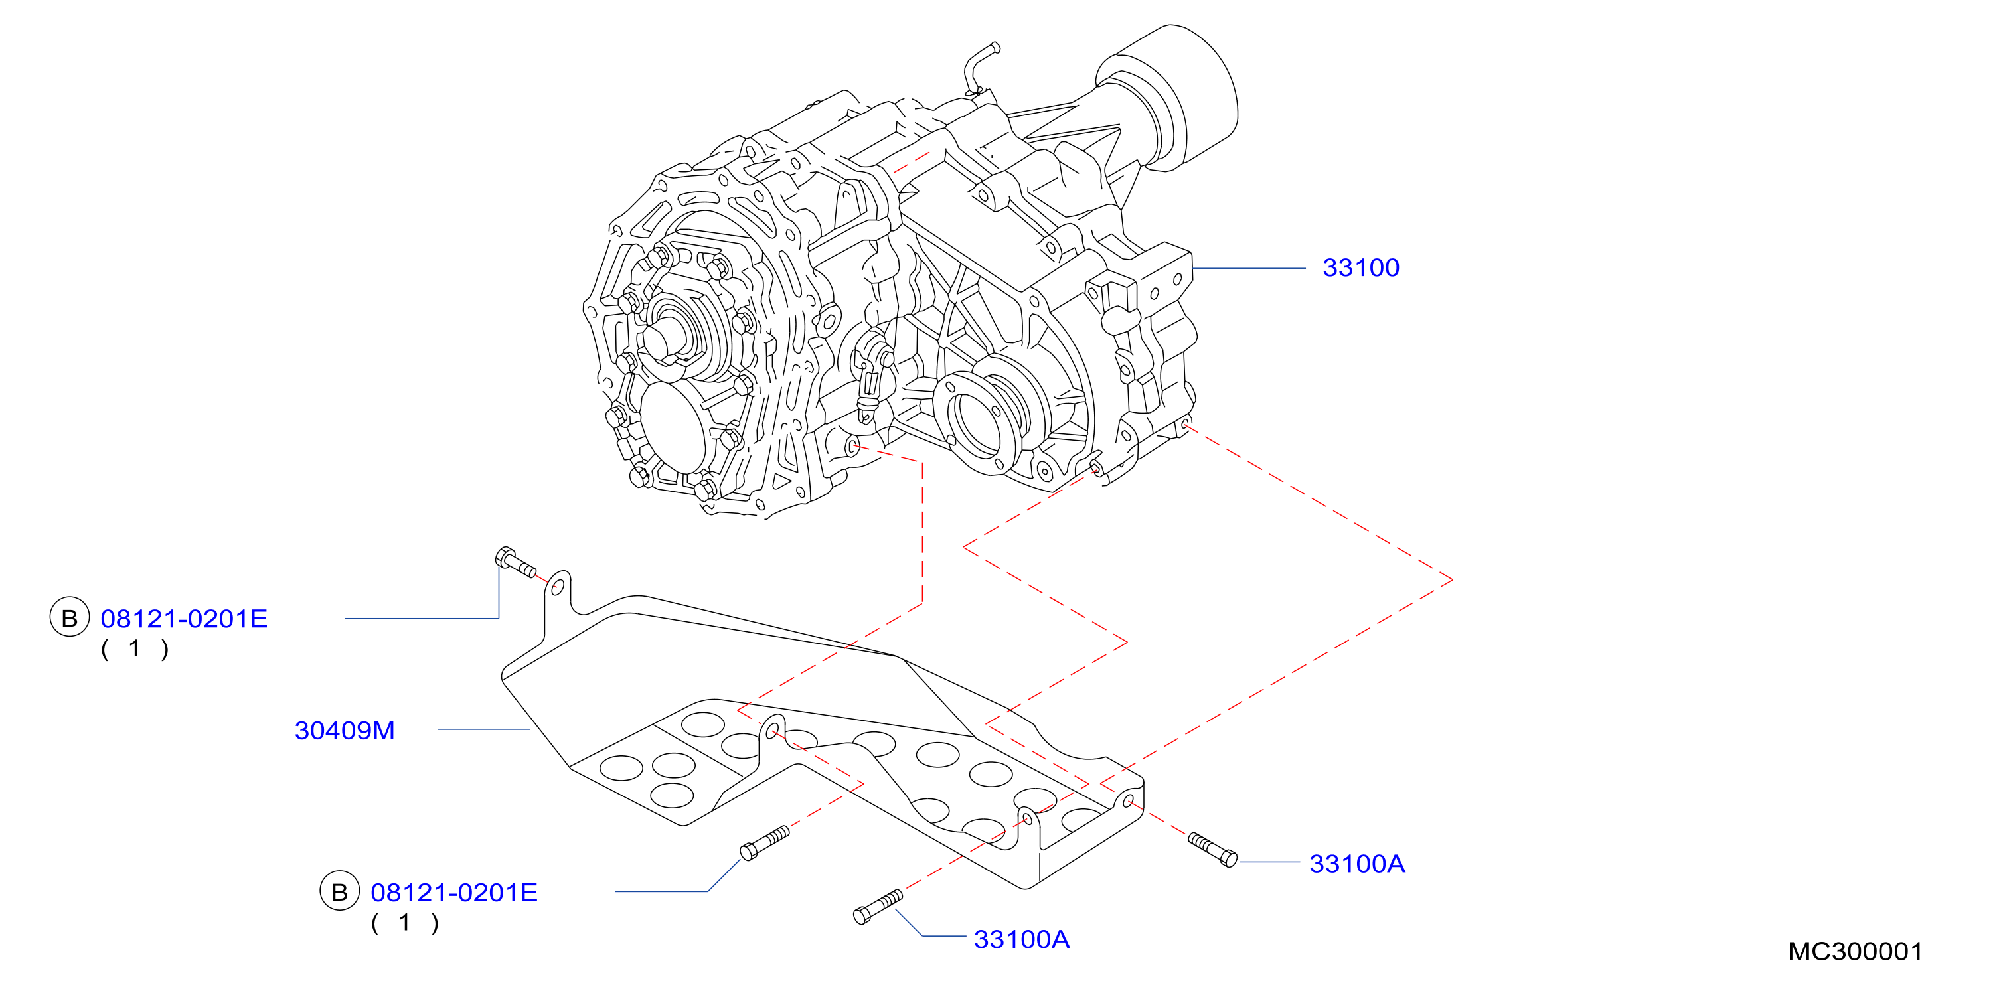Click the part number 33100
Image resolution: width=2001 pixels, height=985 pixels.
point(1360,268)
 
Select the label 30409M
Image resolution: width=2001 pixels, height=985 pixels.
point(345,730)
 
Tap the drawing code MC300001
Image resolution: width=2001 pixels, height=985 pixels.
point(1855,952)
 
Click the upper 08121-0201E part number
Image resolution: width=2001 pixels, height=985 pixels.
point(184,619)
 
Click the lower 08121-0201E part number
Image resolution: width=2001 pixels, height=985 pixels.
point(453,893)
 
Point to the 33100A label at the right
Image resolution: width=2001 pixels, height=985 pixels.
point(1357,864)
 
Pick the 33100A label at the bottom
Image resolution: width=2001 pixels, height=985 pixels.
point(1022,939)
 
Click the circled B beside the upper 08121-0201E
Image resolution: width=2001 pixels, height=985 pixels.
point(69,619)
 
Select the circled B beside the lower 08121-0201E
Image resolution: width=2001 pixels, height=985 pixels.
point(339,892)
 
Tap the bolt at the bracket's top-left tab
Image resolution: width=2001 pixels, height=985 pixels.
point(515,562)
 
